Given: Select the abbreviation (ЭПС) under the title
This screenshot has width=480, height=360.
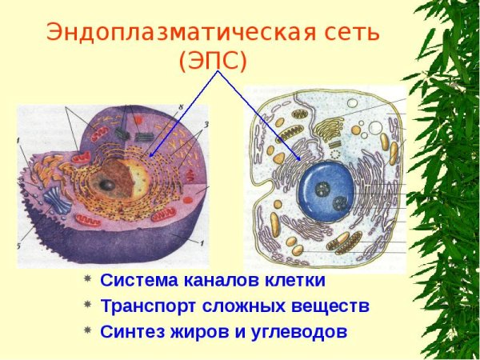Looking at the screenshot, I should (213, 61).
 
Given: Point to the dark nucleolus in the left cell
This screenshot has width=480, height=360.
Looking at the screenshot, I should (106, 185).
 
